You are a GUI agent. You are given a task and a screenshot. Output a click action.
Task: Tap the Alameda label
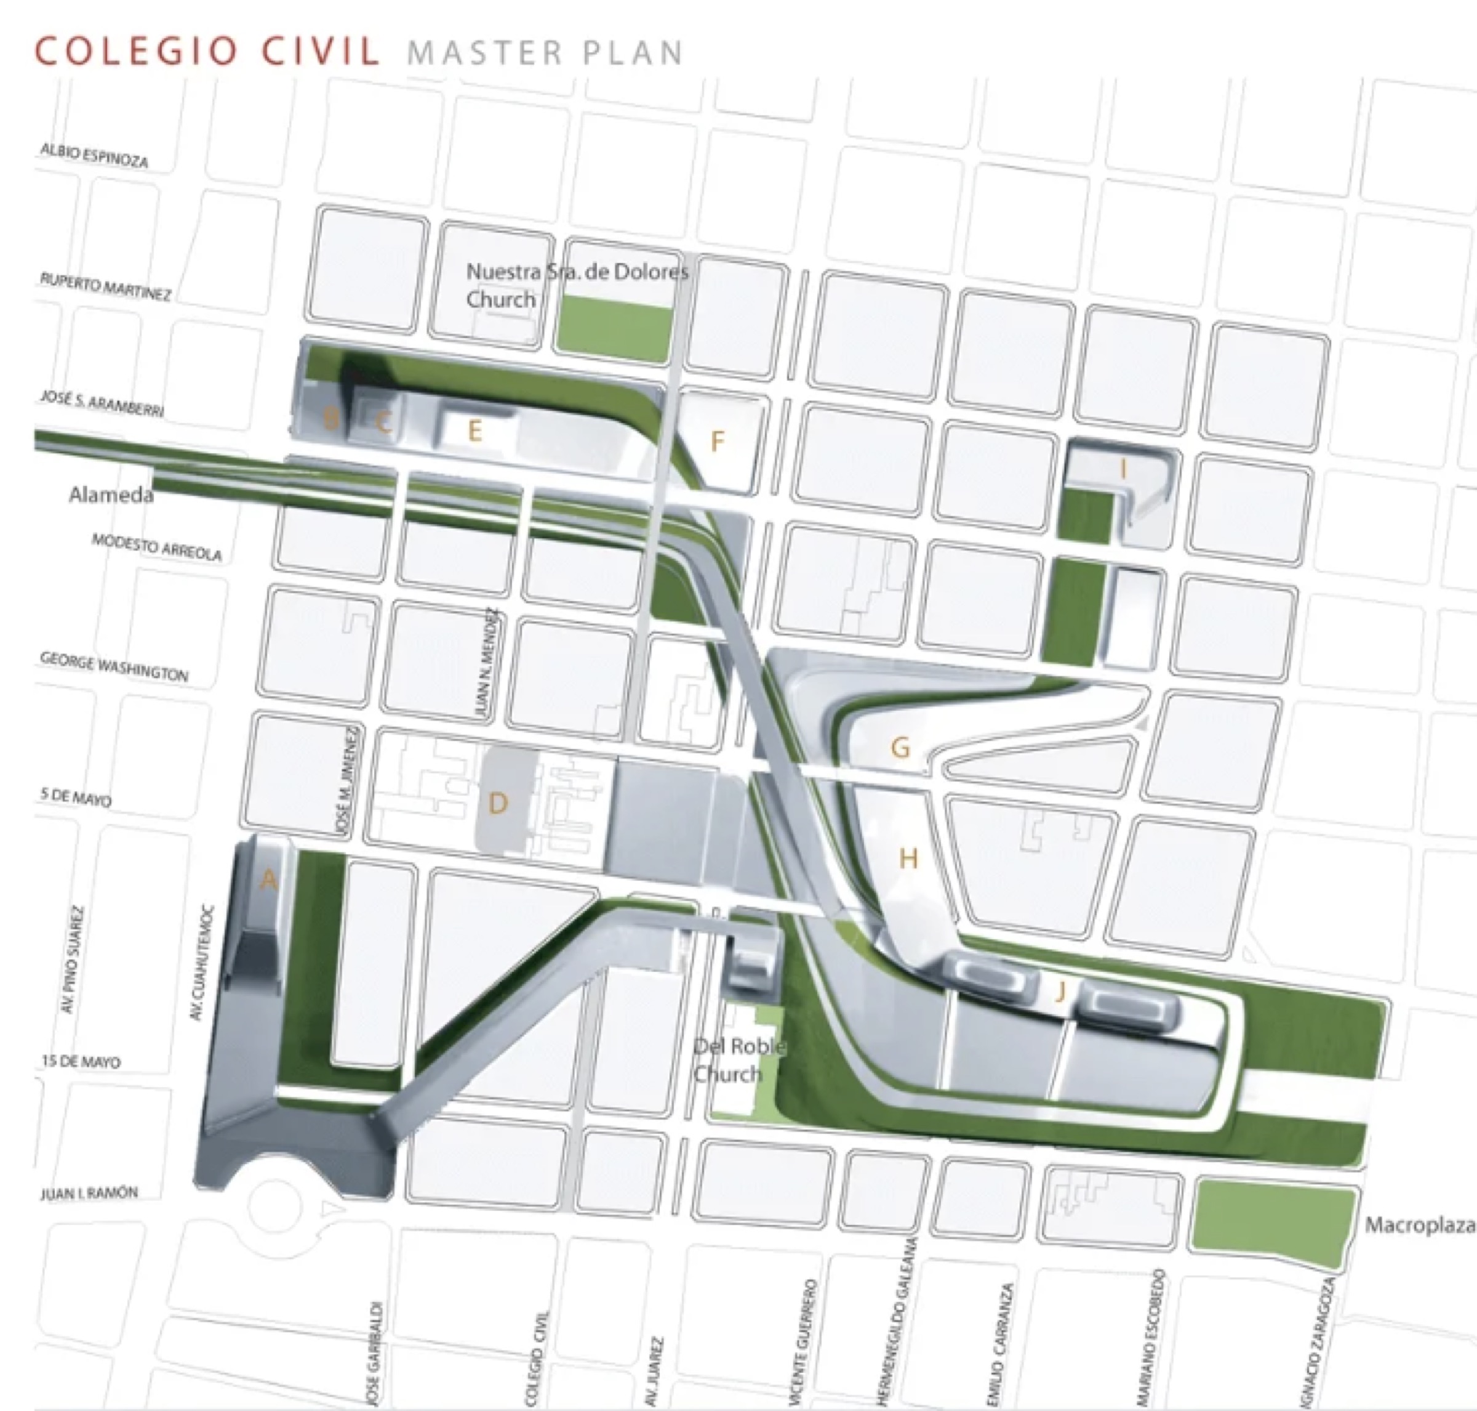[111, 494]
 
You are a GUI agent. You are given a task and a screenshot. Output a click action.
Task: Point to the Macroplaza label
[1419, 1225]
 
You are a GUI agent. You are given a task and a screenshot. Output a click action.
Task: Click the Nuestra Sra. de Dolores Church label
[575, 285]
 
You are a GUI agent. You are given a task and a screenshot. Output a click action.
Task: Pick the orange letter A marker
[268, 879]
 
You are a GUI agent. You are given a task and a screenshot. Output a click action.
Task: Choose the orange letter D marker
[498, 803]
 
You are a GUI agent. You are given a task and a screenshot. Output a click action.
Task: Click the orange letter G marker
[900, 748]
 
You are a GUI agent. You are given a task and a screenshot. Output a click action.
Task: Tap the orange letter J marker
[1060, 992]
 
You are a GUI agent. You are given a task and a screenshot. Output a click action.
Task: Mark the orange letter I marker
[1123, 469]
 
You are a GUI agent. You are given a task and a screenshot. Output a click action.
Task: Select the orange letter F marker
[717, 442]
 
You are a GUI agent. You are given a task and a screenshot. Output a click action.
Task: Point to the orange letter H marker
[908, 858]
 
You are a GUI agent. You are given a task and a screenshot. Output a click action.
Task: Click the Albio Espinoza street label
[94, 155]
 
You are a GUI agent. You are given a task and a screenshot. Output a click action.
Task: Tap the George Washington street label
[113, 667]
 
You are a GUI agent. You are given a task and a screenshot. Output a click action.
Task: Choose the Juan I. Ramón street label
[89, 1193]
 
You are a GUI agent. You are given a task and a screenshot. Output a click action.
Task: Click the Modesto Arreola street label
[156, 548]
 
